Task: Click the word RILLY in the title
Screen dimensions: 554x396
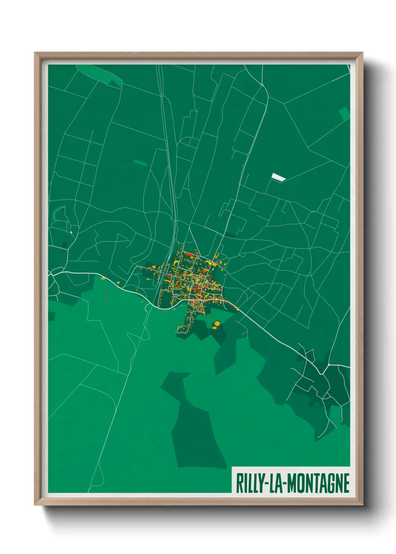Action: coord(250,483)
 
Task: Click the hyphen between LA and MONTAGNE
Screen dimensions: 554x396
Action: coord(285,483)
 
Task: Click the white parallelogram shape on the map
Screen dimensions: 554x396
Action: coord(278,177)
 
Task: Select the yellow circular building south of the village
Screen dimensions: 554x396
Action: coord(217,323)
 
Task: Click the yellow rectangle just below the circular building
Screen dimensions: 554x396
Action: coord(214,328)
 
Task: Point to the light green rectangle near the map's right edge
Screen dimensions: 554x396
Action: coord(344,113)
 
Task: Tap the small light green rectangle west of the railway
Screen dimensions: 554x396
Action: coord(140,163)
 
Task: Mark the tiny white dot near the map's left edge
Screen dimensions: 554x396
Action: coord(71,232)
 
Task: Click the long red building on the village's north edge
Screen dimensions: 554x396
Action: coord(190,255)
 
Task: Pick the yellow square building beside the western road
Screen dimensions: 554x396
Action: coord(103,278)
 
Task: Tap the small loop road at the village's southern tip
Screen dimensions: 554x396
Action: coord(182,330)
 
